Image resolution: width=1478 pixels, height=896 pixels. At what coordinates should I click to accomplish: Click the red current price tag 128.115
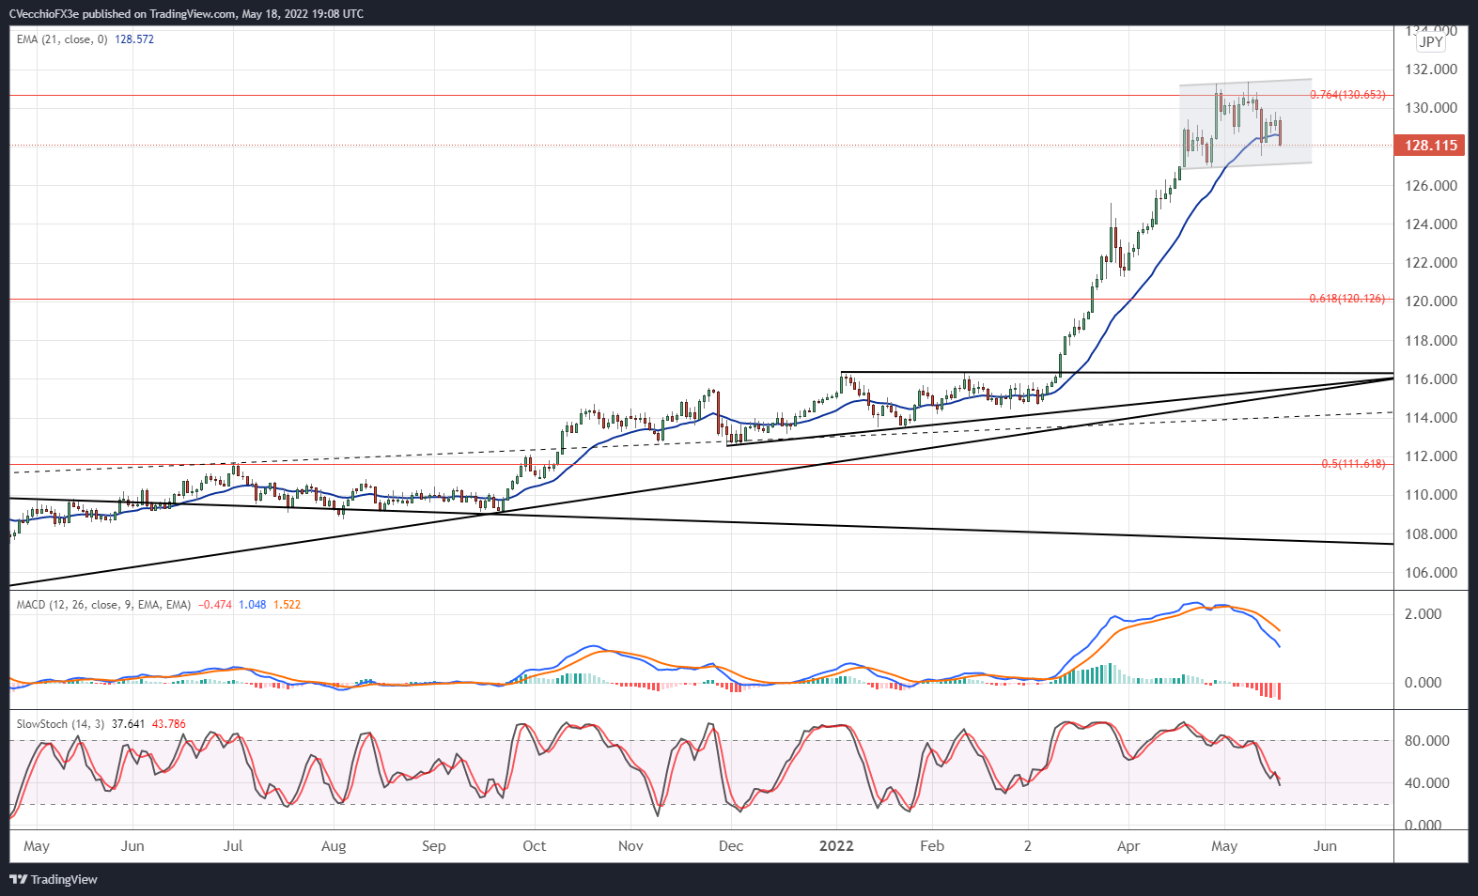pyautogui.click(x=1430, y=145)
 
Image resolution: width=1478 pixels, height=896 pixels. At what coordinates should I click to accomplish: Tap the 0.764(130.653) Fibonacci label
pyautogui.click(x=1346, y=95)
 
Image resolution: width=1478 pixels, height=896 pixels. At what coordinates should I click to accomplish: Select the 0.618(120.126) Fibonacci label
pyautogui.click(x=1346, y=299)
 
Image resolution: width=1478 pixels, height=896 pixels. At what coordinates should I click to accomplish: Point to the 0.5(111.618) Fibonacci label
pyautogui.click(x=1352, y=464)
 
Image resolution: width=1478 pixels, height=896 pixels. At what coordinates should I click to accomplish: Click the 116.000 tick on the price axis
pyautogui.click(x=1431, y=379)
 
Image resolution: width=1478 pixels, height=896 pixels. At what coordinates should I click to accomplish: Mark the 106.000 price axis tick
pyautogui.click(x=1431, y=573)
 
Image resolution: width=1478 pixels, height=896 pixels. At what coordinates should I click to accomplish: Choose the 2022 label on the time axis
pyautogui.click(x=836, y=846)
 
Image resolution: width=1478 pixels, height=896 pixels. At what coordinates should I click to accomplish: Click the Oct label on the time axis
pyautogui.click(x=534, y=846)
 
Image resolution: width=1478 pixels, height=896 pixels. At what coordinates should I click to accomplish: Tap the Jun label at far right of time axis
pyautogui.click(x=1325, y=846)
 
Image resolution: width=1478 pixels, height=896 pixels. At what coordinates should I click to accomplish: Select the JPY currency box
pyautogui.click(x=1431, y=41)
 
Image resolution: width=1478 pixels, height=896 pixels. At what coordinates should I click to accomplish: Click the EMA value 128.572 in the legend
pyautogui.click(x=134, y=39)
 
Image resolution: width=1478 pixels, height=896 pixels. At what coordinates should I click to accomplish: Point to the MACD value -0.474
pyautogui.click(x=215, y=605)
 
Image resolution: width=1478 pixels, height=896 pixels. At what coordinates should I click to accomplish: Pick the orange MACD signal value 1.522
pyautogui.click(x=288, y=605)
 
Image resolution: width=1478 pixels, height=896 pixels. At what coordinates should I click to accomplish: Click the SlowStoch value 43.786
pyautogui.click(x=169, y=724)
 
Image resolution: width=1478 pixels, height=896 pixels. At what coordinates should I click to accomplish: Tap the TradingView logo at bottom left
pyautogui.click(x=54, y=880)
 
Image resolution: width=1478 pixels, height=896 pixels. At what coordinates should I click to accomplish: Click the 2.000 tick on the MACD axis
pyautogui.click(x=1423, y=614)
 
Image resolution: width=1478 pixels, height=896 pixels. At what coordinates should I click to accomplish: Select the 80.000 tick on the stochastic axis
pyautogui.click(x=1426, y=741)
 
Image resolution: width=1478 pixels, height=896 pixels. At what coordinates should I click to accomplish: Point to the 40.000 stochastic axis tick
pyautogui.click(x=1426, y=783)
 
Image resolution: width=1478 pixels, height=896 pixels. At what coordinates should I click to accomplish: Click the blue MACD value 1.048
pyautogui.click(x=252, y=605)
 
